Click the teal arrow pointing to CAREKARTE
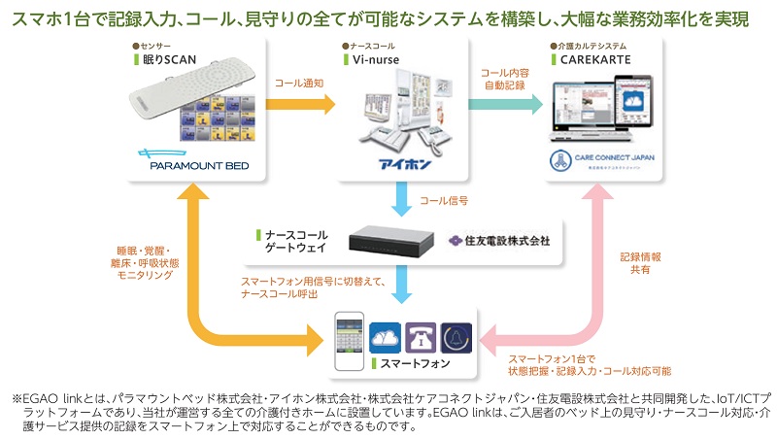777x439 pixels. click(x=501, y=102)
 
